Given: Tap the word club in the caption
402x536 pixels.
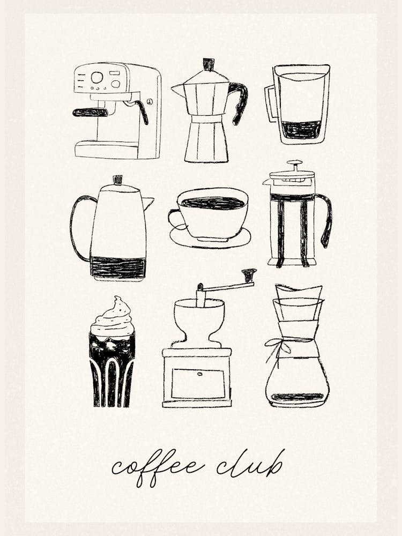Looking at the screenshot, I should click(x=250, y=465).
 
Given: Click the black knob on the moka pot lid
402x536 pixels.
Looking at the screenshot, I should click(x=209, y=64).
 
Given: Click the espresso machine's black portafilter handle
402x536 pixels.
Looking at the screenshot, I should click(x=90, y=112).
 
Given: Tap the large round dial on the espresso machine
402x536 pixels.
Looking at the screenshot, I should click(x=97, y=78).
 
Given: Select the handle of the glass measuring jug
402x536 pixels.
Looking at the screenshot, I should click(x=271, y=103).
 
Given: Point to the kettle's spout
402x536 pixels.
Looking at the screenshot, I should click(x=147, y=203).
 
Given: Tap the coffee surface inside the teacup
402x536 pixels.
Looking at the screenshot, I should click(x=212, y=203).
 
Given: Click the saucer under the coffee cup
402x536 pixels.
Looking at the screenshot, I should click(x=211, y=240).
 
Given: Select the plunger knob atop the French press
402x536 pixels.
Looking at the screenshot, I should click(x=294, y=163).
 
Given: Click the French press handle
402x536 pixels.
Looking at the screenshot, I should click(x=326, y=217).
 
